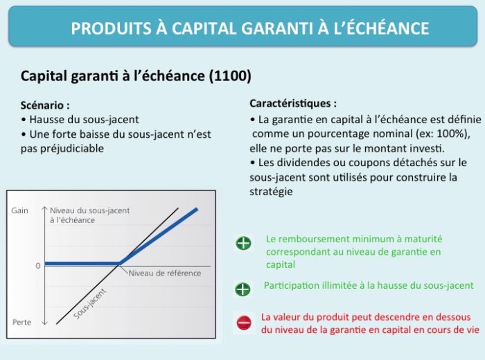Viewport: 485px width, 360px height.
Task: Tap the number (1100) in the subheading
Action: pos(230,76)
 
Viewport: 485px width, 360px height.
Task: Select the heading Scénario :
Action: pos(45,105)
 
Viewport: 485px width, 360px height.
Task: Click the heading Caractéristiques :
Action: pos(293,103)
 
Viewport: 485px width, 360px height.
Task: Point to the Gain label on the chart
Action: pos(20,210)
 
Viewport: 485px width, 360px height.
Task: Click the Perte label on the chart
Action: pos(21,323)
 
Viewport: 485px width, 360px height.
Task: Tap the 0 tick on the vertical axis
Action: pos(38,266)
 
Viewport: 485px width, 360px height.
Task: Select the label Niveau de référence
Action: pos(165,273)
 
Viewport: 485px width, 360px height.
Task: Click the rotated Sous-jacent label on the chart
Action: pos(89,304)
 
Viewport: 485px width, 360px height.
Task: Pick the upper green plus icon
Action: pos(244,243)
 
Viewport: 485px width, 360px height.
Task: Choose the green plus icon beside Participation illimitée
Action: pos(242,289)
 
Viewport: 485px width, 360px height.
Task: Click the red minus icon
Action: pos(244,323)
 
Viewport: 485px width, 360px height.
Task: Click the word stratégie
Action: pos(271,192)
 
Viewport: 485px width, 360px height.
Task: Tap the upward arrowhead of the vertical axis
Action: pos(45,208)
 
